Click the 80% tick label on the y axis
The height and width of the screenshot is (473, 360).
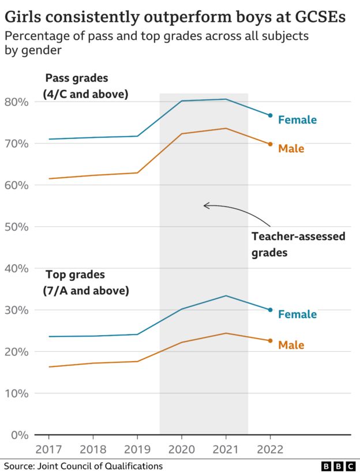pyautogui.click(x=16, y=102)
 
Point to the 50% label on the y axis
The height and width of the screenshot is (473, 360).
pyautogui.click(x=16, y=227)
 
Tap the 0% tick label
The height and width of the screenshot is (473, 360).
pyautogui.click(x=19, y=435)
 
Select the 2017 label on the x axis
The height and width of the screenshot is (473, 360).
pyautogui.click(x=48, y=449)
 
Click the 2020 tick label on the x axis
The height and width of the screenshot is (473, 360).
pyautogui.click(x=182, y=449)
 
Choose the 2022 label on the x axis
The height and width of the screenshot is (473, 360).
pyautogui.click(x=270, y=449)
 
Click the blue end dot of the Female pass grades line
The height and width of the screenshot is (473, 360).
pyautogui.click(x=270, y=115)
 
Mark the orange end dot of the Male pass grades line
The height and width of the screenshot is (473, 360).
pyautogui.click(x=270, y=144)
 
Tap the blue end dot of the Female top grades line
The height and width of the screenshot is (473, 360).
pyautogui.click(x=270, y=310)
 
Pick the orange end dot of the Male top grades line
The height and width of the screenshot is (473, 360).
pyautogui.click(x=270, y=341)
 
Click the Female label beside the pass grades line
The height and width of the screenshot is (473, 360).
pyautogui.click(x=297, y=120)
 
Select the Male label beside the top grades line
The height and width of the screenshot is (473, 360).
pyautogui.click(x=291, y=345)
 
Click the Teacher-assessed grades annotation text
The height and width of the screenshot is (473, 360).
pyautogui.click(x=298, y=244)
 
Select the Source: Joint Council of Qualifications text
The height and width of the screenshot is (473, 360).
pyautogui.click(x=83, y=466)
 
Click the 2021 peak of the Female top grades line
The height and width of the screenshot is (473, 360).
pyautogui.click(x=226, y=296)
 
